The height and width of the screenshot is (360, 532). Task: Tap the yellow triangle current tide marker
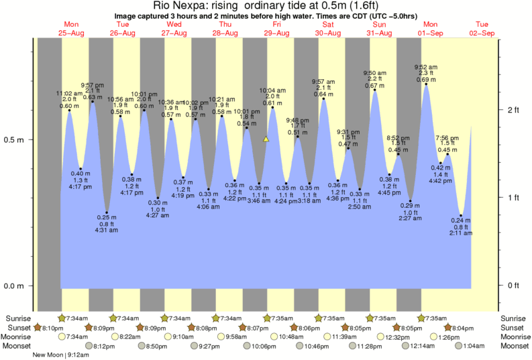pos(266,139)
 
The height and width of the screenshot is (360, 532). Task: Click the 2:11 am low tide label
pos(461,235)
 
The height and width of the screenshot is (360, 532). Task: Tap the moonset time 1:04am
pos(474,347)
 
